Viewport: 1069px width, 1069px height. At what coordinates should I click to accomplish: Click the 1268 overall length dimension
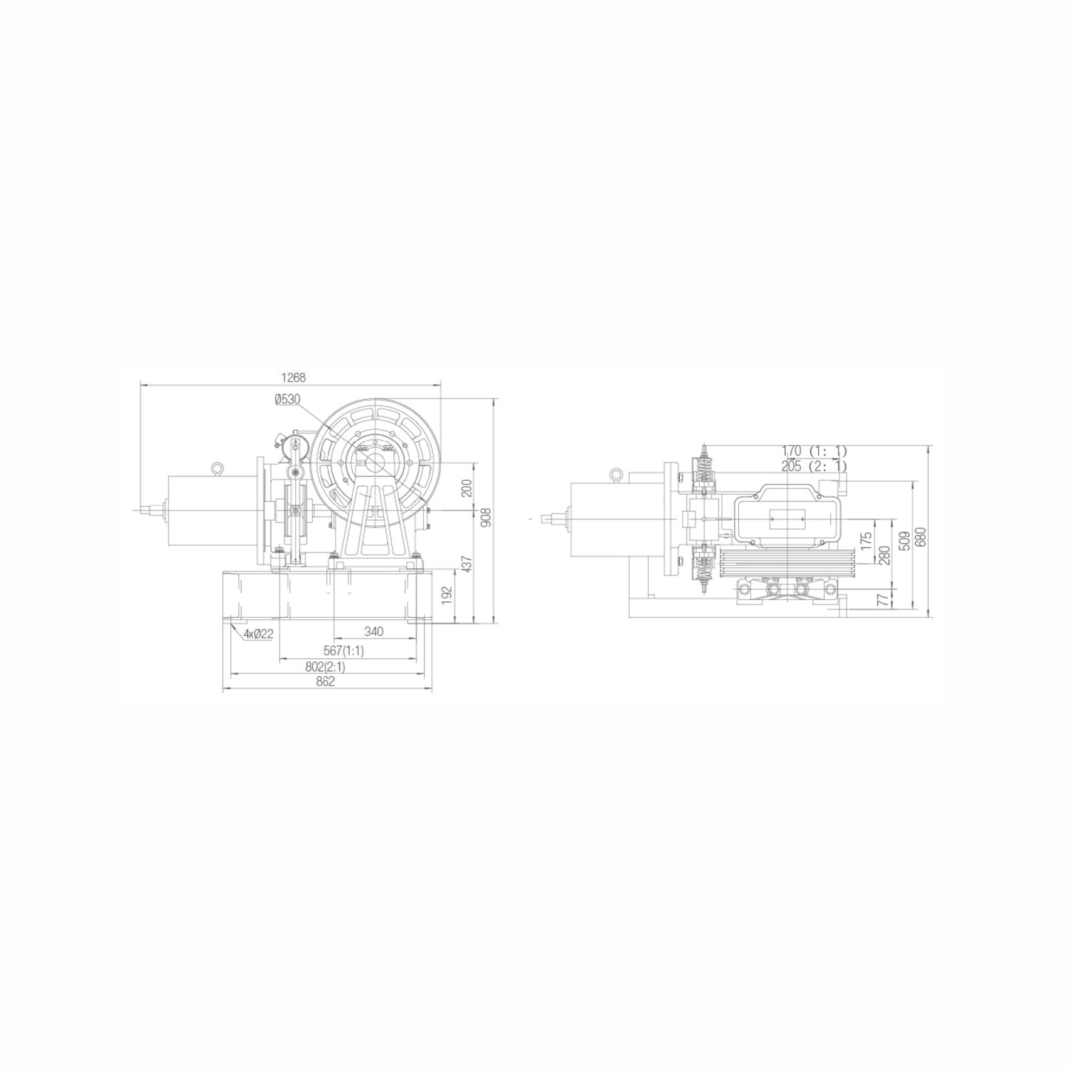294,377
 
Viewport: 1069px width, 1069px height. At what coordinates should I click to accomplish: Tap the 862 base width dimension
326,681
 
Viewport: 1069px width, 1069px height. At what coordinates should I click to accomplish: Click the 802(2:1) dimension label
325,666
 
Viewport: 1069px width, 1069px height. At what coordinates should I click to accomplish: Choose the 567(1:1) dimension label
343,650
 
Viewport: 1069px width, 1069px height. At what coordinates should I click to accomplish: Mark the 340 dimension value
374,632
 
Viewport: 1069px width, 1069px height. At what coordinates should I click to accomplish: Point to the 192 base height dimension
445,596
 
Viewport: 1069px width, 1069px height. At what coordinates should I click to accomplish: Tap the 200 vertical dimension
465,488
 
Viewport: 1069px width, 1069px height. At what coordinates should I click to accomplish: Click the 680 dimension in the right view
920,536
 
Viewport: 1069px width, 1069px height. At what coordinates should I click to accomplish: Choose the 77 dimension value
882,598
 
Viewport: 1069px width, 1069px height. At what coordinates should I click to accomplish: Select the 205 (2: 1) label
813,465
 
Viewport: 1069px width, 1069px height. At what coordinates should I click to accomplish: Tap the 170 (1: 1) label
813,450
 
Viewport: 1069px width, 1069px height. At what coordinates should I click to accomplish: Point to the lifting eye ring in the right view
615,474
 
